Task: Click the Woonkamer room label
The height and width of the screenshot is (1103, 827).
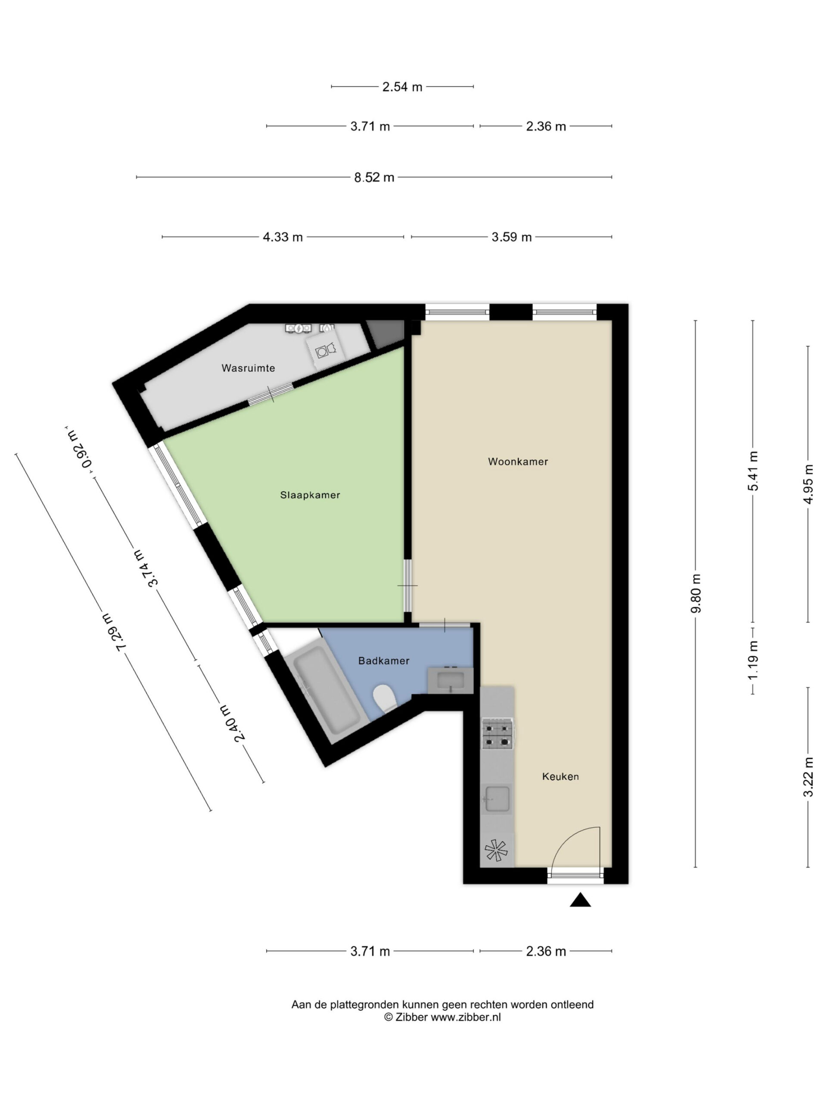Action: point(518,462)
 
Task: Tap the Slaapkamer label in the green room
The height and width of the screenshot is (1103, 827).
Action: point(310,495)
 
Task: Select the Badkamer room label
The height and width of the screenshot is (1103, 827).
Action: point(384,661)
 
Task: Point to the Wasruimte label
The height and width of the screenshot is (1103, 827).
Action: point(248,368)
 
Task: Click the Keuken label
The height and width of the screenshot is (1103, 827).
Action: point(561,776)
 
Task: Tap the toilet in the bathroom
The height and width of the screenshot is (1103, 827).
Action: point(384,698)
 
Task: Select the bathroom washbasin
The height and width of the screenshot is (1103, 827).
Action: point(451,680)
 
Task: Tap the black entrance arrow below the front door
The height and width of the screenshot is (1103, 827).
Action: point(580,900)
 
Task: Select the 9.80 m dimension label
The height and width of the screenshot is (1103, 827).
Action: point(696,593)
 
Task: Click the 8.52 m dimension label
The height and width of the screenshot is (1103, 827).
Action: point(374,178)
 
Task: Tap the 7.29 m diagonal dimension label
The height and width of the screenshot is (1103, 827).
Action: point(114,632)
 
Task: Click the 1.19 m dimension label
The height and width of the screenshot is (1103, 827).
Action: point(753,660)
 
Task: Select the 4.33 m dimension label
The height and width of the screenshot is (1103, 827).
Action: point(283,237)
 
